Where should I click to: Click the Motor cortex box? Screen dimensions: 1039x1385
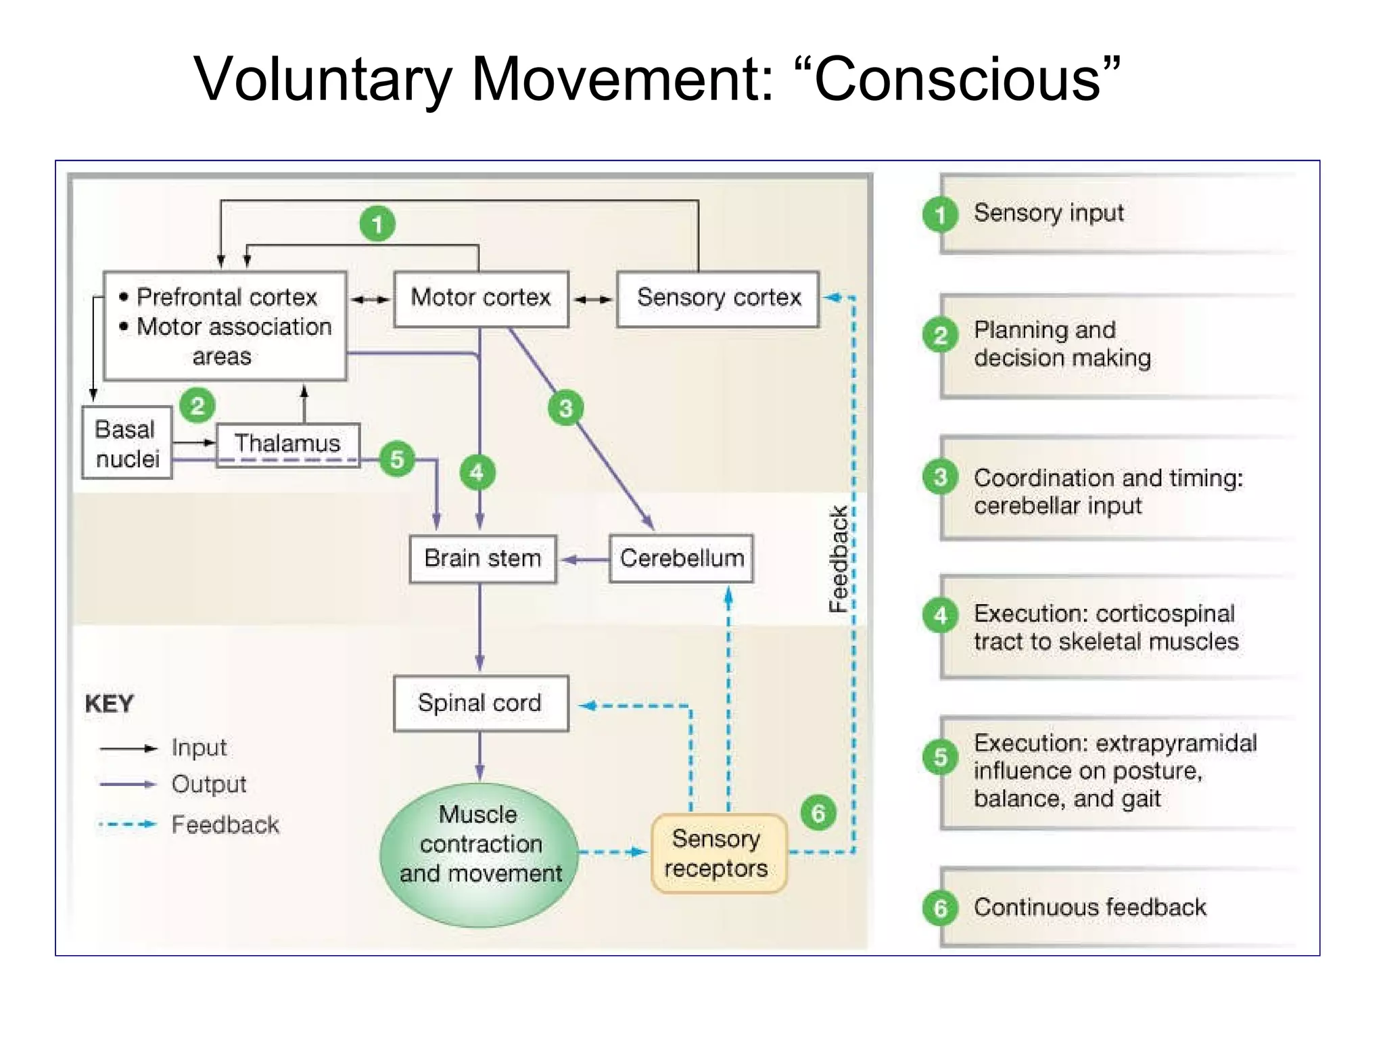coord(481,298)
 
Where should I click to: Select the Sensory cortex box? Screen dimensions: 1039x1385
coord(718,298)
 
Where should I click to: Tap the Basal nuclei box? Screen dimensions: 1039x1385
coord(126,443)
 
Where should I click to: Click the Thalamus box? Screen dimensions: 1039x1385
coord(287,444)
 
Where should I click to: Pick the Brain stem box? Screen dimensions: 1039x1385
coord(482,559)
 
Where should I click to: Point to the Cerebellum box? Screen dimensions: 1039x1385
coord(681,559)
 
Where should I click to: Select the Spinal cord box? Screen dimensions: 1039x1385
coord(480,703)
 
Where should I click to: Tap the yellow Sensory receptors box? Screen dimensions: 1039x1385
coord(718,854)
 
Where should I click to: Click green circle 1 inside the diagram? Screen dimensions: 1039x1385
coord(377,224)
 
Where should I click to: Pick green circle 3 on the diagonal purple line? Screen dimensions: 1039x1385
coord(565,408)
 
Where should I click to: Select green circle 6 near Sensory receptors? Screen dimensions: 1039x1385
coord(818,813)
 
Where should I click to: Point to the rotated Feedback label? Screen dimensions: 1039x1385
coord(839,559)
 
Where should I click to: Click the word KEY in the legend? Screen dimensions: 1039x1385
coord(109,704)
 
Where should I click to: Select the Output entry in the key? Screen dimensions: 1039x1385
coord(208,785)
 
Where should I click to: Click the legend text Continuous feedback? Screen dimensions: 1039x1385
coord(1089,907)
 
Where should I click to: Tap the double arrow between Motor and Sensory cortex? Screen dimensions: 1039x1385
coord(593,299)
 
